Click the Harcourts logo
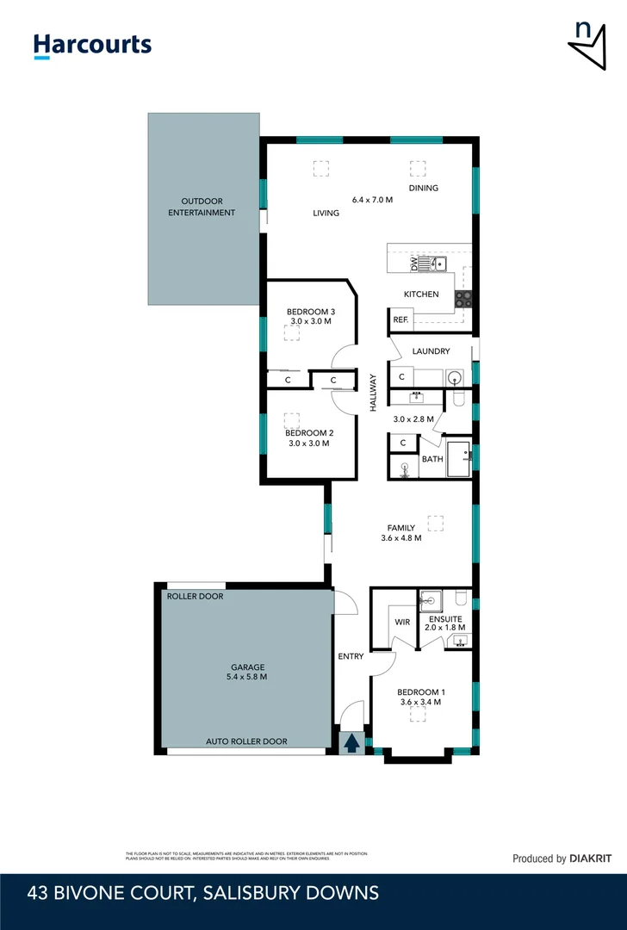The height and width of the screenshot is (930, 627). (92, 45)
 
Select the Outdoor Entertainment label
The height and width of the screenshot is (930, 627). (202, 207)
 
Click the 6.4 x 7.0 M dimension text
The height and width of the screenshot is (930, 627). (372, 200)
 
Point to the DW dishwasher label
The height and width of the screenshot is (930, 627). (413, 263)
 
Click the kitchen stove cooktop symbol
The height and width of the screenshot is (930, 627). (463, 299)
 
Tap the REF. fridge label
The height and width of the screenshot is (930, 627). (400, 319)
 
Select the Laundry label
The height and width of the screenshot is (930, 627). (431, 351)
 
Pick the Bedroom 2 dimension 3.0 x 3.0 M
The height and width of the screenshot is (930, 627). (309, 443)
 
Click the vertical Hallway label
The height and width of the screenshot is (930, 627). (374, 393)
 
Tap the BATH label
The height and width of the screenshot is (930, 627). (431, 459)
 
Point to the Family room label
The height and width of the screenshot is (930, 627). (400, 528)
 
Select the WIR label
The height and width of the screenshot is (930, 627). (402, 622)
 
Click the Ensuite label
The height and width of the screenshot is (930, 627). (445, 618)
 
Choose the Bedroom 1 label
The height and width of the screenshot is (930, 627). (420, 691)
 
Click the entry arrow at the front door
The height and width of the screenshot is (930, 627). (351, 742)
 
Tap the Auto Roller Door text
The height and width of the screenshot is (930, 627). (246, 741)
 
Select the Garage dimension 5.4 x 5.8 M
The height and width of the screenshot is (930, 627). (246, 677)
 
